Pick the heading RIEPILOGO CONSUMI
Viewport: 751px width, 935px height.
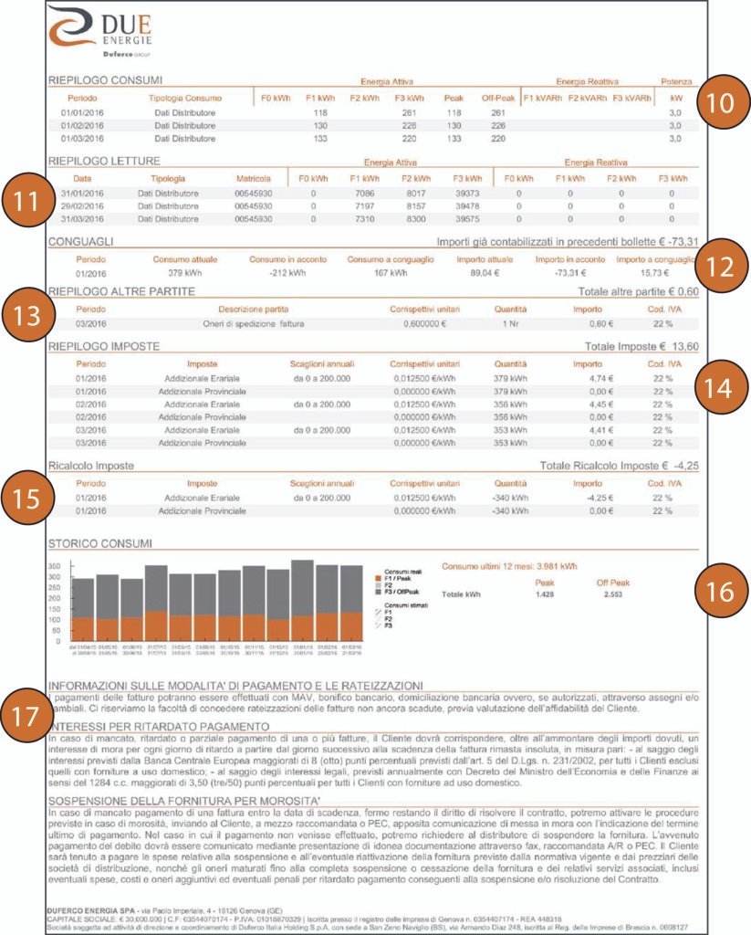(x=105, y=80)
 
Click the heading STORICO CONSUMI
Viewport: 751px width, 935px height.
(x=98, y=544)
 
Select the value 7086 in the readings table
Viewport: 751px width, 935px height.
(x=365, y=194)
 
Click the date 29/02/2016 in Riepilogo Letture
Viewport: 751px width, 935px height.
(x=82, y=206)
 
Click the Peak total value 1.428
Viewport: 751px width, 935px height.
(x=545, y=594)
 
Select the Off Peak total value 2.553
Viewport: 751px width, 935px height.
(x=612, y=594)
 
